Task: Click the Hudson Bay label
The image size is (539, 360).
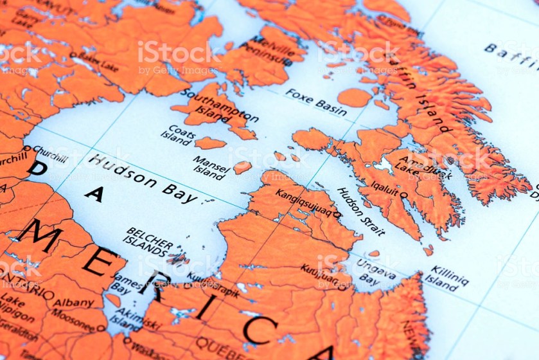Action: [143, 179]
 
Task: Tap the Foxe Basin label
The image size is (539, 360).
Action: [315, 102]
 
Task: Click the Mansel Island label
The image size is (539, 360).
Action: [210, 167]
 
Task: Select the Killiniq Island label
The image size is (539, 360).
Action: [449, 278]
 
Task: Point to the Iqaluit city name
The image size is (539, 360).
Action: [384, 188]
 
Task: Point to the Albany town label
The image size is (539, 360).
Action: [73, 302]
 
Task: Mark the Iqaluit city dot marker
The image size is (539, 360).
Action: [403, 194]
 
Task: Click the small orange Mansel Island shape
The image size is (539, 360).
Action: [242, 167]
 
